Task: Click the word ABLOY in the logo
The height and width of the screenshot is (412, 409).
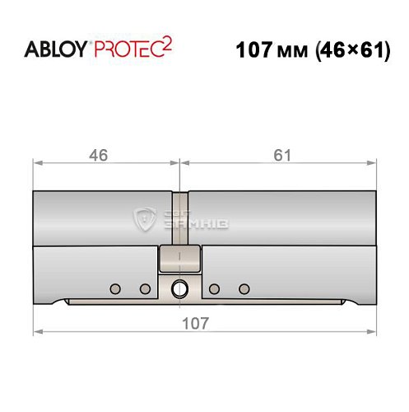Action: (x=56, y=49)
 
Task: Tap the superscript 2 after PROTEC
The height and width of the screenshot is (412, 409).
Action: (x=167, y=44)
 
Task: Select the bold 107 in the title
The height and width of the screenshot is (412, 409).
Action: (x=254, y=50)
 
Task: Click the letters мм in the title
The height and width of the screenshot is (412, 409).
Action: (x=292, y=52)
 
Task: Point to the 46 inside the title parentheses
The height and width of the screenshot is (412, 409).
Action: (x=333, y=50)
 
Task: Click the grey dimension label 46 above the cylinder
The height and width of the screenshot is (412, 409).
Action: (x=99, y=155)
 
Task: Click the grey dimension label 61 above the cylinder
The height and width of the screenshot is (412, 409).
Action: (x=282, y=155)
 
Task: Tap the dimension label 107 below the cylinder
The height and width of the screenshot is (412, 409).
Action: (x=196, y=323)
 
